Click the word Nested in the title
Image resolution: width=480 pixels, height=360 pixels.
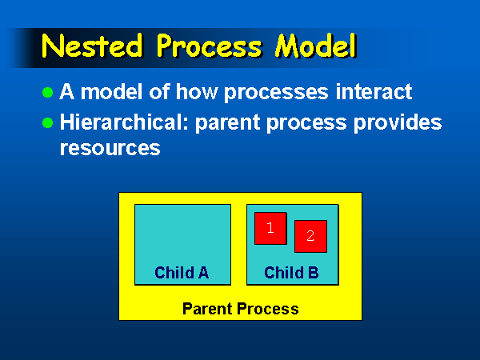[x=93, y=46]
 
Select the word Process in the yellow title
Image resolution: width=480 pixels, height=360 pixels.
[x=210, y=46]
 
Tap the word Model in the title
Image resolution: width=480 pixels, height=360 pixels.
[x=316, y=46]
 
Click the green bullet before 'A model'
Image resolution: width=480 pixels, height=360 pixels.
[x=47, y=92]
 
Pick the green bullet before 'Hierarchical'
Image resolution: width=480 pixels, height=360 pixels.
[x=47, y=122]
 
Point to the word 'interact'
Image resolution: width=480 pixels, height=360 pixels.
[x=374, y=91]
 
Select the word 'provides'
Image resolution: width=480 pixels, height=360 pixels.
[x=398, y=122]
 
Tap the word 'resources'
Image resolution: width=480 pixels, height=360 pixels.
[x=110, y=149]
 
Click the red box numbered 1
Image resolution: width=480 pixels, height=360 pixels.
[x=270, y=228]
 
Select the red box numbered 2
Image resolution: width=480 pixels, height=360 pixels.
[x=310, y=236]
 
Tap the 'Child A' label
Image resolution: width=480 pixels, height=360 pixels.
[x=182, y=273]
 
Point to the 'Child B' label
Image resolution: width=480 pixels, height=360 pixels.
[x=291, y=273]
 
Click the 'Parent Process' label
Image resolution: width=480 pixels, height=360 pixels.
[x=241, y=309]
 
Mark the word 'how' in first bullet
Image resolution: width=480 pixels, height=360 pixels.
[x=197, y=91]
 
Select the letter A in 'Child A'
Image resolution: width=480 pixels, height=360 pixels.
[x=204, y=273]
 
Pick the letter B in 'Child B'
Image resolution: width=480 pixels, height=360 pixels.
[x=314, y=273]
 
